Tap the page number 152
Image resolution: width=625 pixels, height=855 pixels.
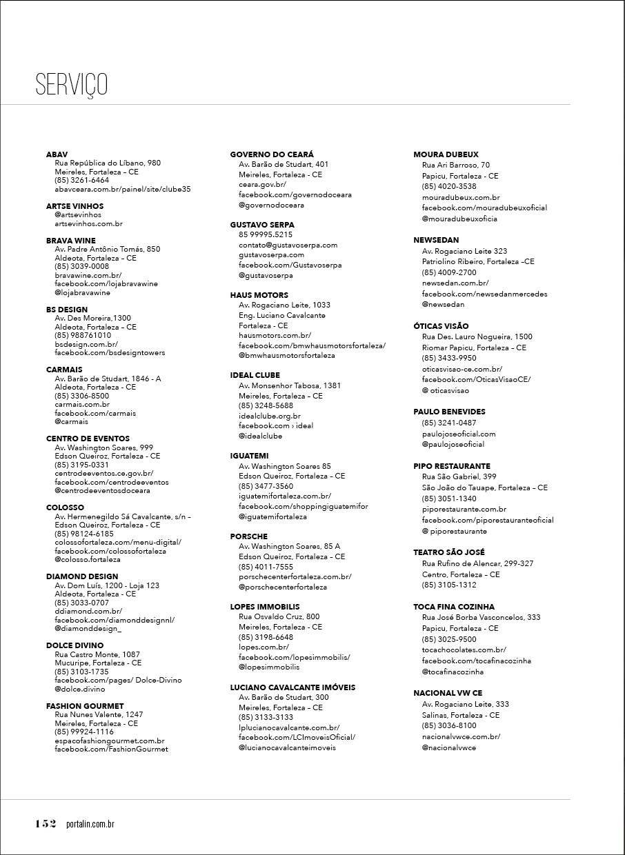46,824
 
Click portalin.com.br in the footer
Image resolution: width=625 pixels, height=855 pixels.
90,824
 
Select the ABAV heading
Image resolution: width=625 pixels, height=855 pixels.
57,154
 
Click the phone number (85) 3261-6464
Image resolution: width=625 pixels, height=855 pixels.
81,180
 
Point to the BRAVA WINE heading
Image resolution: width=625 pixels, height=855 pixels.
71,241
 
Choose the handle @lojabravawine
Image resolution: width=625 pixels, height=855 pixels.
82,292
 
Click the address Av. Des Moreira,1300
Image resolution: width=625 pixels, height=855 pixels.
92,319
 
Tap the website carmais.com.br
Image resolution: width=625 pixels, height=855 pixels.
82,405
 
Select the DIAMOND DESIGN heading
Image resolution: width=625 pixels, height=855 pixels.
82,576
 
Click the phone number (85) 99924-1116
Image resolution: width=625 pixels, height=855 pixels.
84,732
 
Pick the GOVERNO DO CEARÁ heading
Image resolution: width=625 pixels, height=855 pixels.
272,154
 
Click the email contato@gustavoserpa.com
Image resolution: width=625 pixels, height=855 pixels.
288,245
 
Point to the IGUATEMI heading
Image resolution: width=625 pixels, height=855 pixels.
250,456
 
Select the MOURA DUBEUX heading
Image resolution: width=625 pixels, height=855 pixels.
446,154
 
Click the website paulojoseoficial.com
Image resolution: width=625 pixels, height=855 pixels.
459,434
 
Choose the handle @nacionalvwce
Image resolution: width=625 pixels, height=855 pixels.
449,747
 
